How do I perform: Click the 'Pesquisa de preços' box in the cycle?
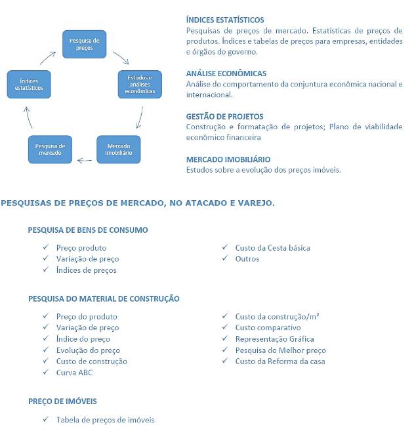point(84,44)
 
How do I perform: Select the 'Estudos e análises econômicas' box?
point(140,85)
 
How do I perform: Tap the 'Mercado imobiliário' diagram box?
point(119,149)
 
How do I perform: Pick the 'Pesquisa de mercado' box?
point(50,149)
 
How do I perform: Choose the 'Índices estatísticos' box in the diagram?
point(29,84)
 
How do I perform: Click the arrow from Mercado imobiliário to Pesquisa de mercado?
point(85,159)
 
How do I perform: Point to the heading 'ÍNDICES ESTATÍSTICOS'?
point(225,20)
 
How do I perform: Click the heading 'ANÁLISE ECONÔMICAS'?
point(226,73)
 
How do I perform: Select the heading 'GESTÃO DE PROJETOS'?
point(224,116)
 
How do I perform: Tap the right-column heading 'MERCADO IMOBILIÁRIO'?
point(228,159)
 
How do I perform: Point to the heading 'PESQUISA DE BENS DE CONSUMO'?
point(88,230)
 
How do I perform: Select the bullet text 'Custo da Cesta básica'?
point(272,248)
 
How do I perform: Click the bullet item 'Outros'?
point(247,258)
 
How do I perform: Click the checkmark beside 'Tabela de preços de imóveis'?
point(46,419)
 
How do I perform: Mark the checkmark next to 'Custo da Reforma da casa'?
point(225,361)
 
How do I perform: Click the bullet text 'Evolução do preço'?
point(88,350)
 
